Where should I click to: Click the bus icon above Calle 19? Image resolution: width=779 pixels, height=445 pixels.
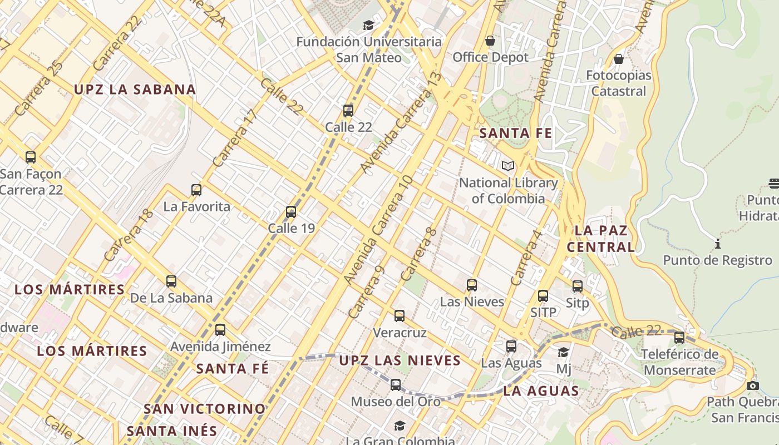click(290, 212)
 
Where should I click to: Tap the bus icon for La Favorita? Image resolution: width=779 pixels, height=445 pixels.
click(196, 190)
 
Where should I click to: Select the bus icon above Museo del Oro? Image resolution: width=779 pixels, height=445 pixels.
click(395, 384)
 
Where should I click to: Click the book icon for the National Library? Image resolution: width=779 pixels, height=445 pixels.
click(507, 166)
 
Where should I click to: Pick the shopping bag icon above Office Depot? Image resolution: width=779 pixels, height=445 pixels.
click(490, 41)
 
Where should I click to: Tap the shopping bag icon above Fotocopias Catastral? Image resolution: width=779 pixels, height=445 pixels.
click(618, 59)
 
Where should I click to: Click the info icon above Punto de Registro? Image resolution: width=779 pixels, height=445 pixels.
click(717, 244)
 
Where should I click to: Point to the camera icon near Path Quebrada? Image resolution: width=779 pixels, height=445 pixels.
click(752, 385)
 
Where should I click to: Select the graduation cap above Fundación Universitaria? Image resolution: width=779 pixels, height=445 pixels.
click(368, 25)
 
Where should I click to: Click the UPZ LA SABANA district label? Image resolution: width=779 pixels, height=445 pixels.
click(135, 90)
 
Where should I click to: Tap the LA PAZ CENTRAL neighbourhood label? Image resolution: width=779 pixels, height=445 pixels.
click(601, 239)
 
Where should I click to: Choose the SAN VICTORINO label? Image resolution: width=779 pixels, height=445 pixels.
click(205, 409)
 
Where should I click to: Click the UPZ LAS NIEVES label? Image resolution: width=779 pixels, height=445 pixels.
click(400, 360)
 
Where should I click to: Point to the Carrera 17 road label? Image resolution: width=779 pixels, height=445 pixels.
click(235, 139)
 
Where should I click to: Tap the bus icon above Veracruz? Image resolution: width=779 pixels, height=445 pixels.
click(399, 316)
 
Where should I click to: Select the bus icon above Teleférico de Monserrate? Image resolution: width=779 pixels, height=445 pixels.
click(679, 337)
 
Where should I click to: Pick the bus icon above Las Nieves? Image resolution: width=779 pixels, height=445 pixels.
click(472, 285)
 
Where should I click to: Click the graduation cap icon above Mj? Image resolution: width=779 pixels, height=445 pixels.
click(563, 352)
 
